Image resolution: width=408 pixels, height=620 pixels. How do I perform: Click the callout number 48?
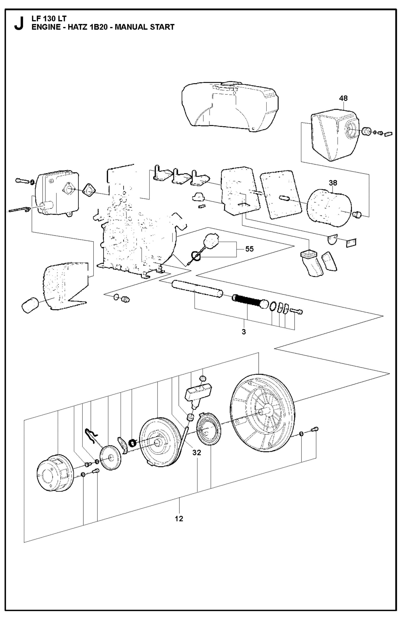click(x=343, y=98)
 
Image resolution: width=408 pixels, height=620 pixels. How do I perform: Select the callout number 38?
click(x=333, y=183)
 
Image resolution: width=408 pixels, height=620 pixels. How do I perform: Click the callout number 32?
click(x=197, y=453)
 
